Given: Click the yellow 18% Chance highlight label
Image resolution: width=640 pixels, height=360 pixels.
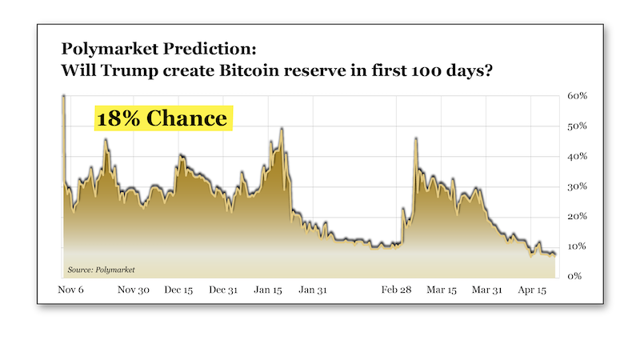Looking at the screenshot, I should [x=162, y=118].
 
